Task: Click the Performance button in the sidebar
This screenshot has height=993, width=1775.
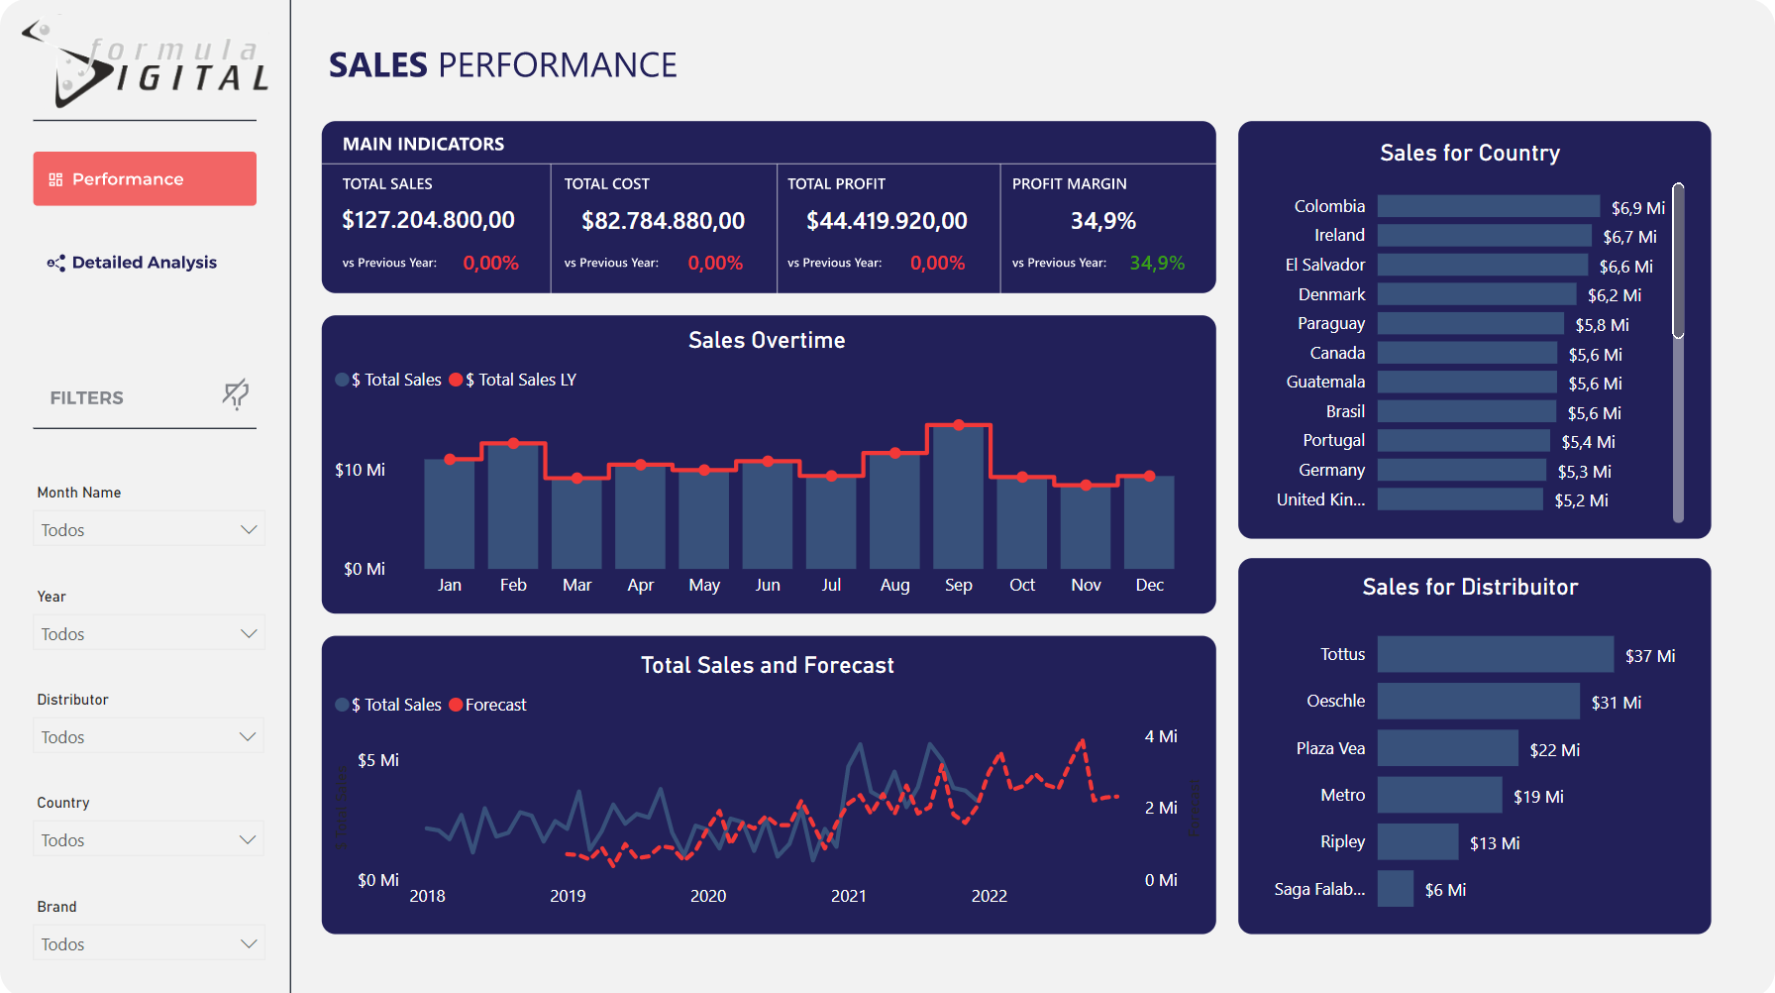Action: tap(145, 179)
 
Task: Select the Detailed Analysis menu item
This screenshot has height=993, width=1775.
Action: tap(144, 263)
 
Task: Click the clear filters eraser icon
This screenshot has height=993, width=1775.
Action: tap(235, 394)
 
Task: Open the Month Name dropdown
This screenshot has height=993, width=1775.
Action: tap(149, 529)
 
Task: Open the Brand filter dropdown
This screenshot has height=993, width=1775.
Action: tap(149, 943)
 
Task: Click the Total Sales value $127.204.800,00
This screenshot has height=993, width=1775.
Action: tap(428, 220)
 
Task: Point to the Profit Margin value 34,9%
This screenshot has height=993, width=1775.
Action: tap(1102, 221)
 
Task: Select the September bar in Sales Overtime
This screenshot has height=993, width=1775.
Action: tap(958, 496)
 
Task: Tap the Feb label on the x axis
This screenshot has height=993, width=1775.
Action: tap(513, 585)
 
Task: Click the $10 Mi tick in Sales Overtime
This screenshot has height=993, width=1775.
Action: tap(360, 470)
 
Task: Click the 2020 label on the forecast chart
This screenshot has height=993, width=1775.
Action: tap(708, 896)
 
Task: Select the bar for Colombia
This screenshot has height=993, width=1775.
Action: tap(1488, 206)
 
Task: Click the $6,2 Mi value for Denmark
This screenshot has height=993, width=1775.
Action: tap(1614, 295)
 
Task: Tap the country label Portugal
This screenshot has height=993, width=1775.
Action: tap(1333, 440)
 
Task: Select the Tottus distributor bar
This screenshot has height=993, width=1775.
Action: tap(1495, 654)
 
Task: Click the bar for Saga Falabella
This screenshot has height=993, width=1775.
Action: tap(1395, 889)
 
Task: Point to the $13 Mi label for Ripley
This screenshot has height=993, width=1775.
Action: tap(1494, 843)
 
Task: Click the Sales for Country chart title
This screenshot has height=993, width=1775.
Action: tap(1470, 153)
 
